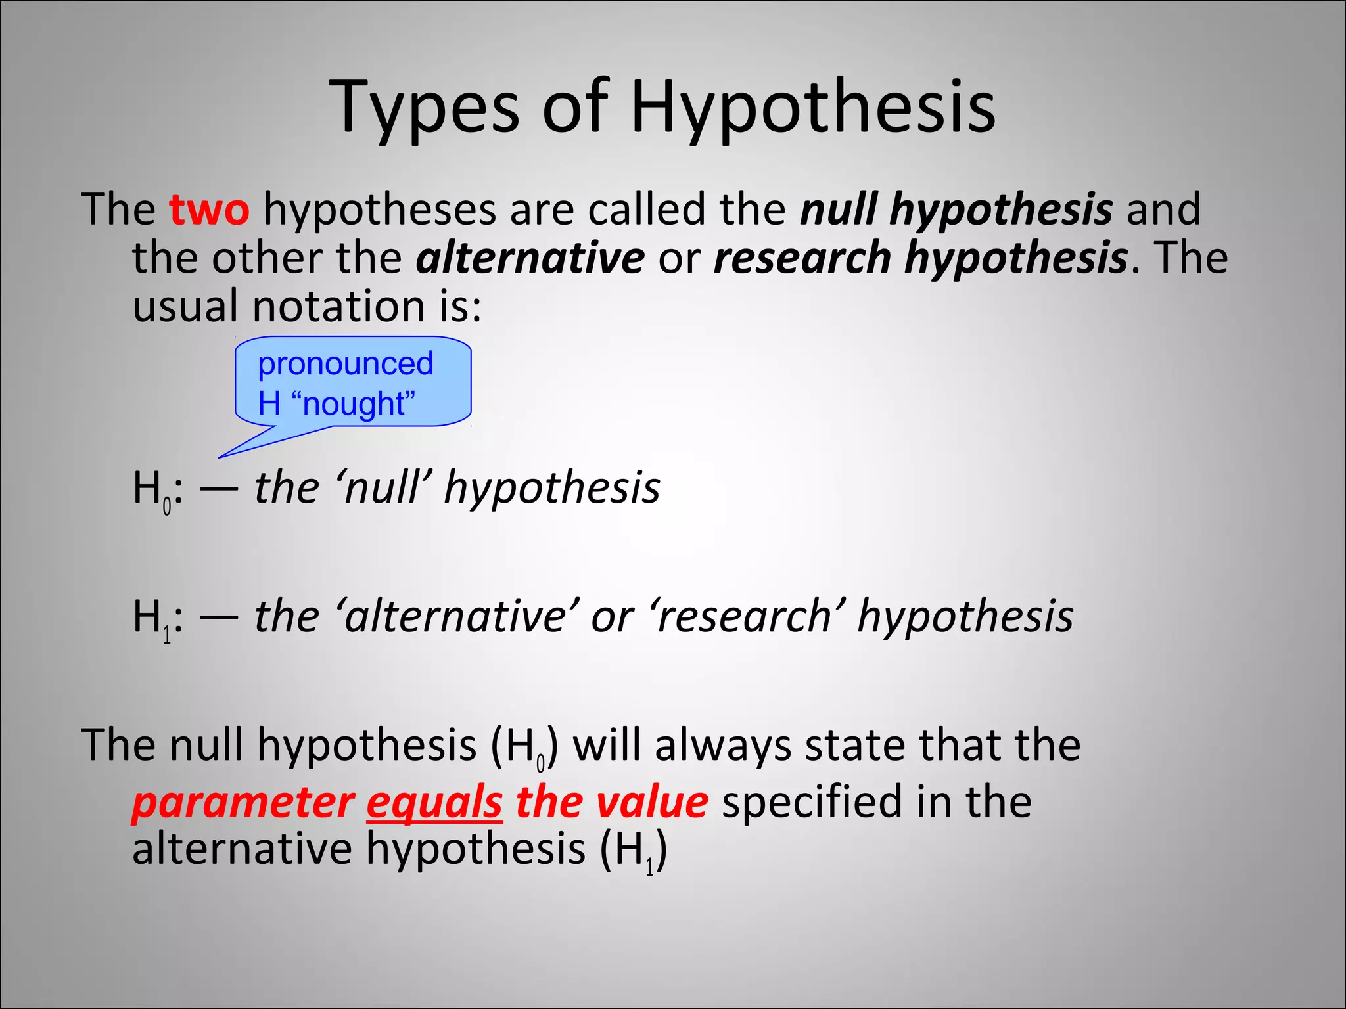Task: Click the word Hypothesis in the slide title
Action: (813, 106)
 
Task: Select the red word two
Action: (209, 209)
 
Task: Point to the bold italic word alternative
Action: (530, 258)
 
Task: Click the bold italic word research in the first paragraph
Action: (802, 258)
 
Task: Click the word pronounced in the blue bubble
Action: (346, 363)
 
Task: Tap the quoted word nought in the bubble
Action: (358, 403)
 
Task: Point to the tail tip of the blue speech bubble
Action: (220, 457)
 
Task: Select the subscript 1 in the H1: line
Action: (167, 635)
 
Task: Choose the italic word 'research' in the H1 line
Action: (745, 616)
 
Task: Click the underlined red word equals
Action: (434, 802)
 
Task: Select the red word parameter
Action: (243, 802)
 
